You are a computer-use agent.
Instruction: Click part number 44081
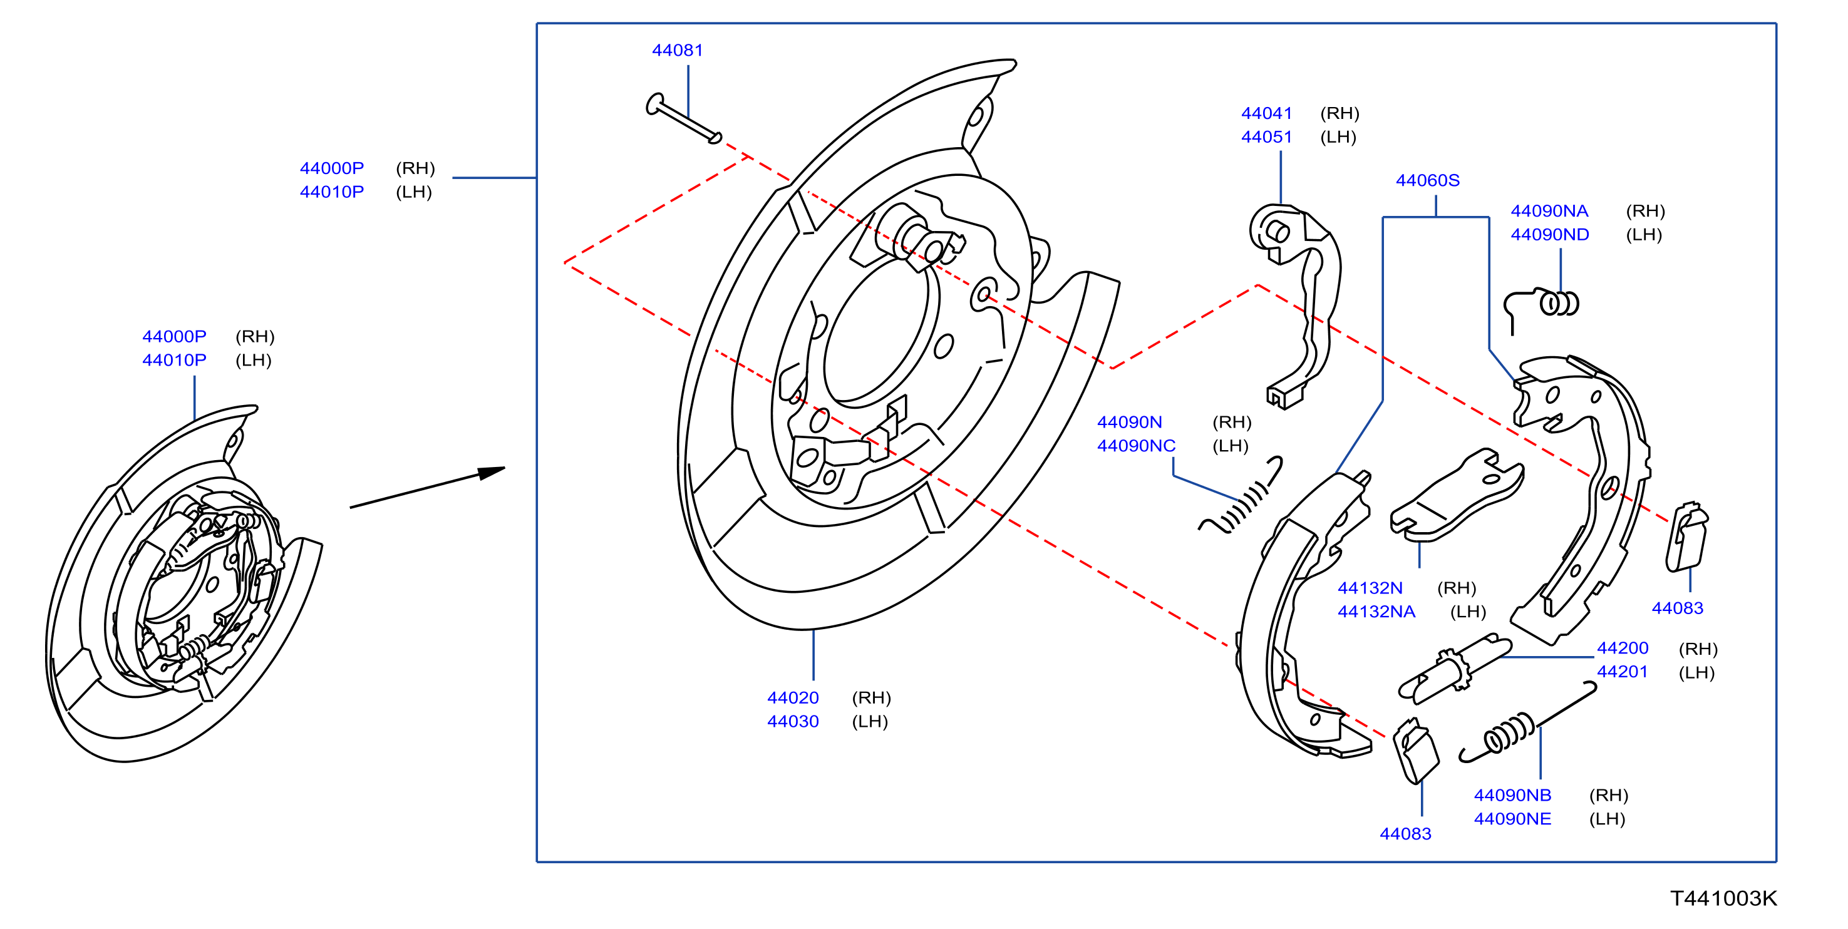(x=677, y=50)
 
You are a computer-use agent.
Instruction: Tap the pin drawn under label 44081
(x=684, y=118)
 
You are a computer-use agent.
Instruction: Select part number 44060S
(x=1428, y=180)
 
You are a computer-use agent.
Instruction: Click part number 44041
(x=1266, y=113)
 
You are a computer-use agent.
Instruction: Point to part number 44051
(x=1266, y=137)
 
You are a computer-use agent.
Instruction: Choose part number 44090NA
(x=1549, y=211)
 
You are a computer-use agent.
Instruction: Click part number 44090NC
(x=1137, y=446)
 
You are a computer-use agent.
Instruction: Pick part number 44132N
(x=1370, y=588)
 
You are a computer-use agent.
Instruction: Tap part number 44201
(x=1622, y=672)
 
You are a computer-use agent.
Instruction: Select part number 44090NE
(x=1512, y=819)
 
